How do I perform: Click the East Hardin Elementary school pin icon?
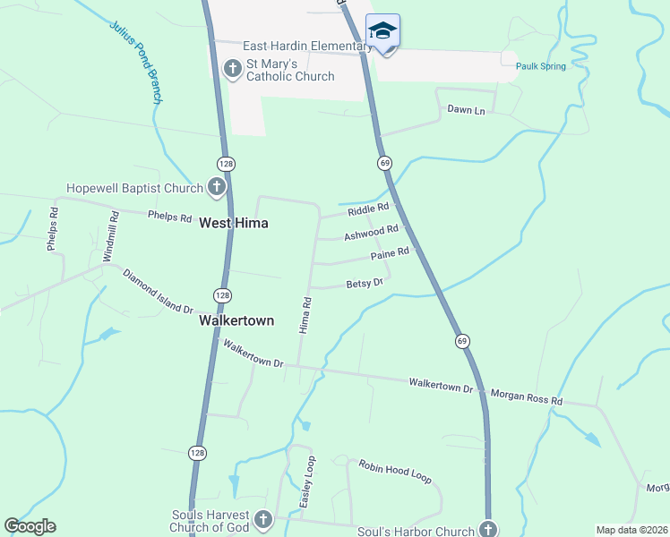383,31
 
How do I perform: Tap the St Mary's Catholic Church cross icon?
234,68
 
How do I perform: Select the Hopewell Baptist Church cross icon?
216,187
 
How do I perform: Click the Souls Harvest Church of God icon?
263,519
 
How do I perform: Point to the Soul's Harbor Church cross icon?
488,528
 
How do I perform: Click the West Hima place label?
234,223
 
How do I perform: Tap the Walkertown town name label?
236,320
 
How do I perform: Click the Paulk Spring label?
540,66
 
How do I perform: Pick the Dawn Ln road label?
466,110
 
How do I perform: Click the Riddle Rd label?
368,209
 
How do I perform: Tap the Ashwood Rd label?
371,233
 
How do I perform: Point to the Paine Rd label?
390,255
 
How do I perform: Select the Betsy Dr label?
364,284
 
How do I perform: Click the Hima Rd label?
305,315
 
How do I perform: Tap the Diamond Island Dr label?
159,292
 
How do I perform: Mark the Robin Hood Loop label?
395,471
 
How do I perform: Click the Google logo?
30,526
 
